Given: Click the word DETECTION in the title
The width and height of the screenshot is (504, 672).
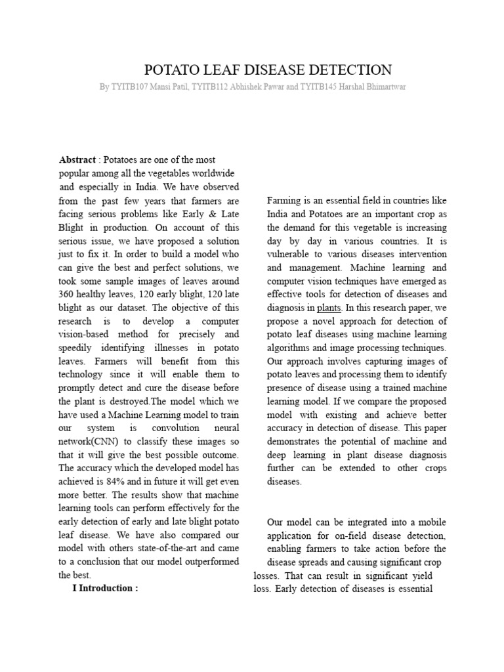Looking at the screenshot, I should (348, 70).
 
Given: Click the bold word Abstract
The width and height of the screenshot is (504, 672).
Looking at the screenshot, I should (77, 160).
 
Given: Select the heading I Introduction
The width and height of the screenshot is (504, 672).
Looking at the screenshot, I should (105, 588).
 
